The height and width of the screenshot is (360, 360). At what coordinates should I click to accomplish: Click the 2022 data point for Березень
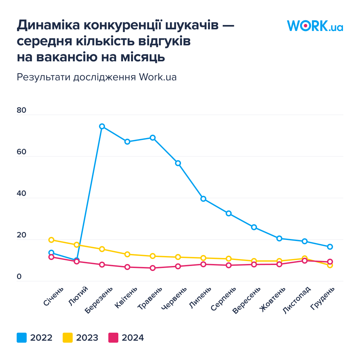[x=102, y=126]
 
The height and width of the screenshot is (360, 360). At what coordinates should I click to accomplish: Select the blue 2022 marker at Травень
[x=153, y=138]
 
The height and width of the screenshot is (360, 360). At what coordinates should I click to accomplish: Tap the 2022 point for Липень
[x=203, y=199]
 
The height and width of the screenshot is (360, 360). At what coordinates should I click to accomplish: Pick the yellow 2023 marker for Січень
[x=51, y=240]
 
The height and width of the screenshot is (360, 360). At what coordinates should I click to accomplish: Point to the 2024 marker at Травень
[x=153, y=268]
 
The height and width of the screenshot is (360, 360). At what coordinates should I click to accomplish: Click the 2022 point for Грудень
[x=330, y=247]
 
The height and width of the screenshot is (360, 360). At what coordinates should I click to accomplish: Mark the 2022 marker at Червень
[x=178, y=163]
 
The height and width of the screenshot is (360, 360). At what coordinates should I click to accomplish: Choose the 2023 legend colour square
[x=68, y=338]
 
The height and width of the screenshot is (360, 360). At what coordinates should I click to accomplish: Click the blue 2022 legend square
[x=22, y=338]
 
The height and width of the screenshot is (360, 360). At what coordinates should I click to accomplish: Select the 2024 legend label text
[x=133, y=338]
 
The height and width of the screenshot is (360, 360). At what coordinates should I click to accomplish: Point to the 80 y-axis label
[x=21, y=111]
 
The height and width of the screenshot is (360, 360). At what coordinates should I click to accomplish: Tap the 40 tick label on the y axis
[x=21, y=194]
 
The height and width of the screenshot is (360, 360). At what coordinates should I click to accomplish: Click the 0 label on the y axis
[x=19, y=277]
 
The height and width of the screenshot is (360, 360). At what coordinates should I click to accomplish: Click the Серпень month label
[x=223, y=299]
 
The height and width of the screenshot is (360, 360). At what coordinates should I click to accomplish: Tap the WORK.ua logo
[x=315, y=26]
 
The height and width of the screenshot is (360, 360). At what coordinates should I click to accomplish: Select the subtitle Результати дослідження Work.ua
[x=97, y=77]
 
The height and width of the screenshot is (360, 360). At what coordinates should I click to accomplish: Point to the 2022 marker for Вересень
[x=254, y=227]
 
